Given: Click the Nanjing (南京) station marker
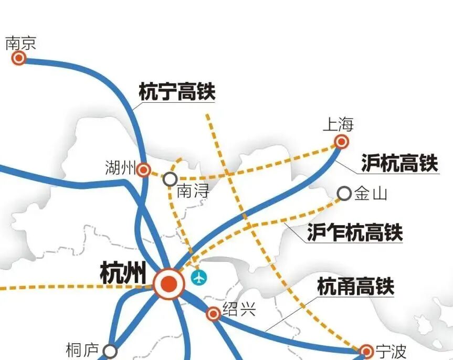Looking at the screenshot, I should tap(19, 58).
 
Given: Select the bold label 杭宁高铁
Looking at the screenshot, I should tap(177, 92).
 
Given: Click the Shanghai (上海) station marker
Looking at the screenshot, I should tap(342, 141).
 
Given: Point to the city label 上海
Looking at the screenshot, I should tap(338, 125).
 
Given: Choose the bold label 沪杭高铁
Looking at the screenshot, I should tap(399, 164).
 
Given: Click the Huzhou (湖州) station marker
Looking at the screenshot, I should tap(143, 170).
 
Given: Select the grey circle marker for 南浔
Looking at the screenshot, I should tap(170, 179).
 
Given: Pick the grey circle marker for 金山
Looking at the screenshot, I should tap(344, 194).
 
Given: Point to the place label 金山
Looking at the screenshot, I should tap(371, 194).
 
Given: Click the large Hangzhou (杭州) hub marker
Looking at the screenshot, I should tap(169, 284).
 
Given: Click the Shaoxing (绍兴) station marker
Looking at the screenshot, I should tap(213, 314).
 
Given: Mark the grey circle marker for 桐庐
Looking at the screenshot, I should tap(110, 351).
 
